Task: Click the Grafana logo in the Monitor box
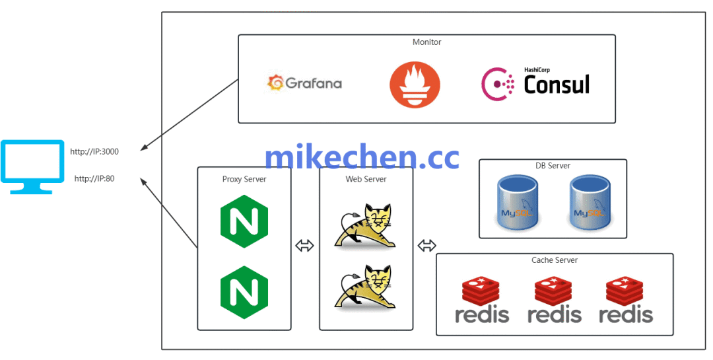point(304,83)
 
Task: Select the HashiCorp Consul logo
point(535,83)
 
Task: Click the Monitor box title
point(426,42)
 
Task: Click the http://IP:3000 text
point(94,151)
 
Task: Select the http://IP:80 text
point(94,178)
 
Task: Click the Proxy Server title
point(244,179)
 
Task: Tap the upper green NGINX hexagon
point(244,224)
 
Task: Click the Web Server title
point(366,179)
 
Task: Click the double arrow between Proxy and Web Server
point(304,246)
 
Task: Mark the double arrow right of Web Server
point(426,246)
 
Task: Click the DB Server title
point(553,166)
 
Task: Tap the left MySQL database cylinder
point(518,203)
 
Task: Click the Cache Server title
point(555,260)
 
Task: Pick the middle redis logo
point(555,301)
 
